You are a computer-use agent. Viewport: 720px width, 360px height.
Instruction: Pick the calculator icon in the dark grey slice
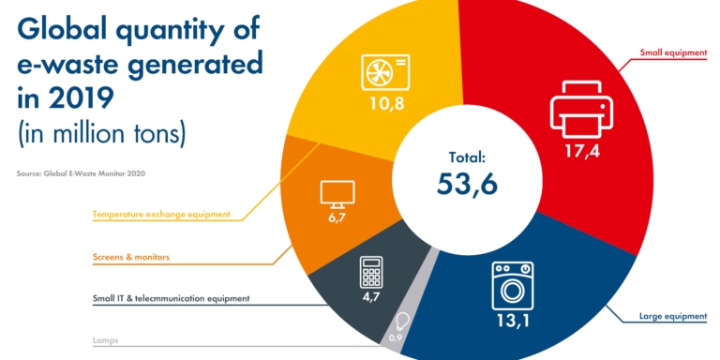tap(372, 271)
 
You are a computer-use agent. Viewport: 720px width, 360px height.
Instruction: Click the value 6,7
tap(335, 218)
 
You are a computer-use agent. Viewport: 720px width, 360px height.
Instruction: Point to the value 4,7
tap(372, 301)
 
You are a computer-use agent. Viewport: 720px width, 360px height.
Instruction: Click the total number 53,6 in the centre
tap(466, 183)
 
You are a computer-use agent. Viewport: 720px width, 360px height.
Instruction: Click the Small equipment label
tap(672, 52)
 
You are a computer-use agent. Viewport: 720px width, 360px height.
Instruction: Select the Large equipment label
tap(672, 317)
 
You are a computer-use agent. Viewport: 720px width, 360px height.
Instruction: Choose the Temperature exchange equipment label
tap(168, 214)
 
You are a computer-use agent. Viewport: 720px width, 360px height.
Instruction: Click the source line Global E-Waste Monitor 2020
tap(81, 173)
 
